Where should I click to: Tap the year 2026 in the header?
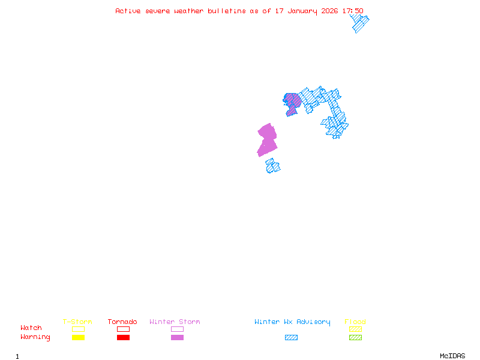tap(329, 11)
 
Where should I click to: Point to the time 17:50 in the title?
tap(353, 11)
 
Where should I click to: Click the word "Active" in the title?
tap(128, 11)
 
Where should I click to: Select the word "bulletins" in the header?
tap(226, 11)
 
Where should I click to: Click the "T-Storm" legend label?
tap(77, 322)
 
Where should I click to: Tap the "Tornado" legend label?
tap(122, 322)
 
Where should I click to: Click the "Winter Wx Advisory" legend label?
tap(292, 322)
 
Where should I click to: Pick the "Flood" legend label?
tap(355, 322)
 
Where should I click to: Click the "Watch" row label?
tap(31, 328)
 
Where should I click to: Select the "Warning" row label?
tap(35, 337)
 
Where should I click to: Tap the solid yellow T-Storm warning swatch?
tap(78, 338)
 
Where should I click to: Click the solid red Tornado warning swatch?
tap(123, 338)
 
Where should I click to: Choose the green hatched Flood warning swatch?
tap(355, 338)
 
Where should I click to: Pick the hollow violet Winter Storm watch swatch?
tap(177, 329)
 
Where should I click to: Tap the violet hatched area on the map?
tap(292, 102)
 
